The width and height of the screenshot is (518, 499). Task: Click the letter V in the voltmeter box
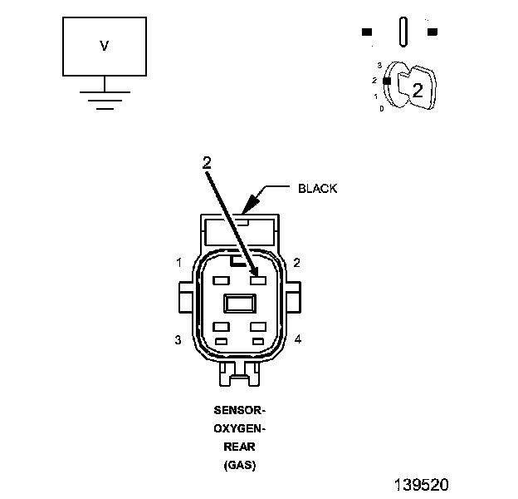(104, 46)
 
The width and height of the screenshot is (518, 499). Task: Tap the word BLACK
(317, 189)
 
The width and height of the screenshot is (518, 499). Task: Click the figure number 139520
(422, 485)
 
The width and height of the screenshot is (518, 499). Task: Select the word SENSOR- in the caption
(240, 410)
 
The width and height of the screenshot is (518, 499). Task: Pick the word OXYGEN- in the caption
(240, 428)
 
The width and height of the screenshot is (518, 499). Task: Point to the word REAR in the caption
(240, 447)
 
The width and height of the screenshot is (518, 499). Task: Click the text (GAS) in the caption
(240, 465)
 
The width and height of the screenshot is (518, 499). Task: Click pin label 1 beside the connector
(179, 263)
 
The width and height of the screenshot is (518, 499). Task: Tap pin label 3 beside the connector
(178, 340)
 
